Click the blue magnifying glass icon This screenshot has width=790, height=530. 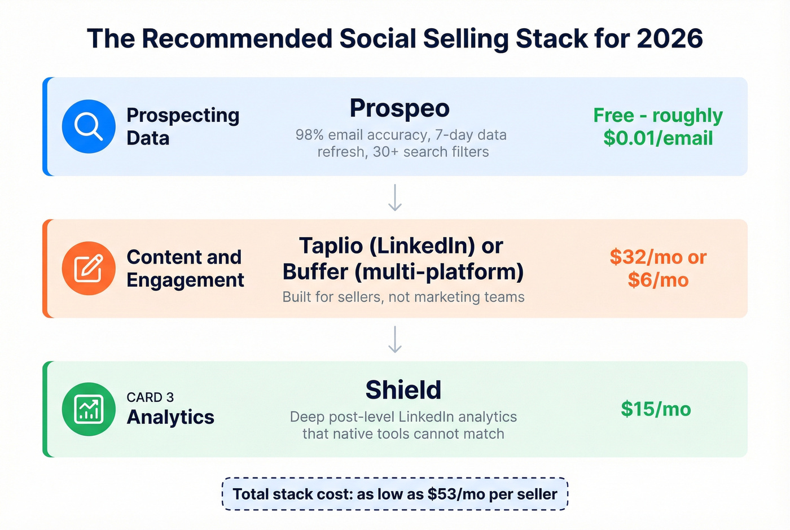[89, 126]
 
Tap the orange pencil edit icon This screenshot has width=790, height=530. [89, 268]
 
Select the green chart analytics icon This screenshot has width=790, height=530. [89, 409]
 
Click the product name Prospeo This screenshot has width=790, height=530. [400, 108]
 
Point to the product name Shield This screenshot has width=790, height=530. [403, 390]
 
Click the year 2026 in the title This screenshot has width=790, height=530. [670, 39]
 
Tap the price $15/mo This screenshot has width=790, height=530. [656, 409]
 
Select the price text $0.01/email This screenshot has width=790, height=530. [658, 138]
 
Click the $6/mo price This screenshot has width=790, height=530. [658, 280]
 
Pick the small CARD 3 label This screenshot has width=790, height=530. [150, 397]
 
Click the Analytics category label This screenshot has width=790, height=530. [170, 417]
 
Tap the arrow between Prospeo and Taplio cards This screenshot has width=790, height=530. [395, 198]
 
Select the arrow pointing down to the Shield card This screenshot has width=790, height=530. [395, 339]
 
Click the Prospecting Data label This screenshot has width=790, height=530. [182, 126]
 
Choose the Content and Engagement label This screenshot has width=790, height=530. [185, 268]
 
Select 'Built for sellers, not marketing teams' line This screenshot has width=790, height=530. [403, 297]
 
